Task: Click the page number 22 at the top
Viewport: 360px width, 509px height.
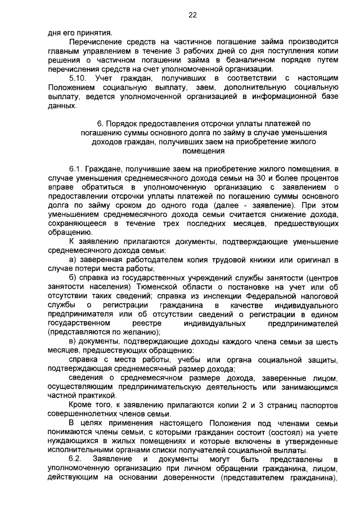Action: (192, 15)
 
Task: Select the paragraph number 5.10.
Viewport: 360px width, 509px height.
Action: (78, 78)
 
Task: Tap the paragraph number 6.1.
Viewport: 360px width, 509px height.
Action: (76, 168)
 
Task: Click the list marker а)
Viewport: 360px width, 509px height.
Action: (73, 259)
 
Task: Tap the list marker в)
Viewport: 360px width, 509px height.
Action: (73, 341)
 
